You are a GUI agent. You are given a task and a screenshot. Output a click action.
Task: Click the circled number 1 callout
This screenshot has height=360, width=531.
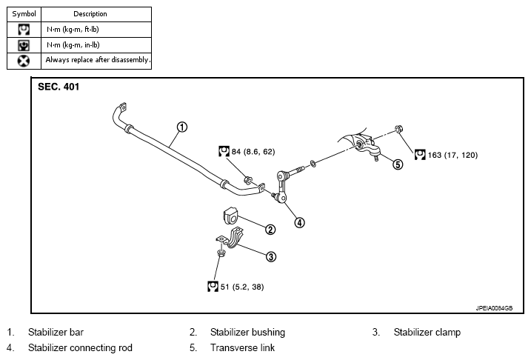click(182, 127)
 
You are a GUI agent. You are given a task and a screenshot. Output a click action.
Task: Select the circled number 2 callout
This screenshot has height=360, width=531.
click(270, 230)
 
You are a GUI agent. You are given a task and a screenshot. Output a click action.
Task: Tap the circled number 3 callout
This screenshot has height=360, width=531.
click(270, 257)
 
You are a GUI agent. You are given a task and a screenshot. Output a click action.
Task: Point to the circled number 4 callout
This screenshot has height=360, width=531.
click(299, 222)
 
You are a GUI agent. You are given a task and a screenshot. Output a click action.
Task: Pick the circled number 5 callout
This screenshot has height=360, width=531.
click(398, 164)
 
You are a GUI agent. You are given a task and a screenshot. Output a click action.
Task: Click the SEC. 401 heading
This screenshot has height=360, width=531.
click(59, 87)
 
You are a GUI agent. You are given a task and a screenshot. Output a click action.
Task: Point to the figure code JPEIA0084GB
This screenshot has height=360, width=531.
click(494, 308)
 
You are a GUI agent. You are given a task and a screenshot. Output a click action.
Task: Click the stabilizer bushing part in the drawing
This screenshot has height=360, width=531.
click(231, 216)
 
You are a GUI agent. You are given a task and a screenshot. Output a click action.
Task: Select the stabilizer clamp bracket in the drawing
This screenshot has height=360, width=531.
click(230, 238)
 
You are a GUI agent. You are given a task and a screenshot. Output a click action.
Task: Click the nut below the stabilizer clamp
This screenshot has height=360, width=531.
click(221, 253)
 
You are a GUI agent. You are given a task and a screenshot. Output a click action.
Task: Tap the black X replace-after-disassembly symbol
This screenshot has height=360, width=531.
click(24, 61)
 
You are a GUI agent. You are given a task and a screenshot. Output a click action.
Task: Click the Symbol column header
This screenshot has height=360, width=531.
click(24, 14)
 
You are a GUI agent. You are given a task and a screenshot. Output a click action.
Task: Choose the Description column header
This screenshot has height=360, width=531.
click(90, 14)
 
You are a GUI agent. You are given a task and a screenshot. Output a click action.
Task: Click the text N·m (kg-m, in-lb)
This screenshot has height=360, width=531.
click(73, 45)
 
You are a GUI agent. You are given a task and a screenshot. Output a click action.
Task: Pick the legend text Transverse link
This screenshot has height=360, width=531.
click(242, 348)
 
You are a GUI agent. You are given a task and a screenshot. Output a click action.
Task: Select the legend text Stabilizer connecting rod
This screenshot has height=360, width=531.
click(80, 348)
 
